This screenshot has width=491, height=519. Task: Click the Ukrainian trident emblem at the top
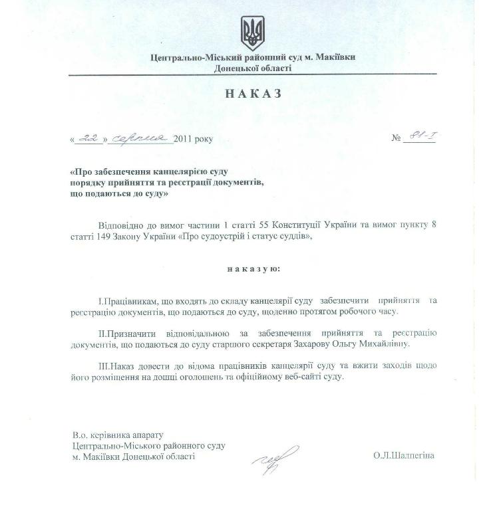pos(252,31)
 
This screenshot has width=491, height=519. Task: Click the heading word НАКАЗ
pos(253,94)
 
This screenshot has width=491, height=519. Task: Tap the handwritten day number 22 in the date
pos(88,138)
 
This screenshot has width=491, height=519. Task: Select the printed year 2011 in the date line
pos(184,140)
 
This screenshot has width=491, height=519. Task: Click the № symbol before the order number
pos(397,139)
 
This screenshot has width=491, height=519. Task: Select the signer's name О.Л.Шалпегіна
pos(404,455)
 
